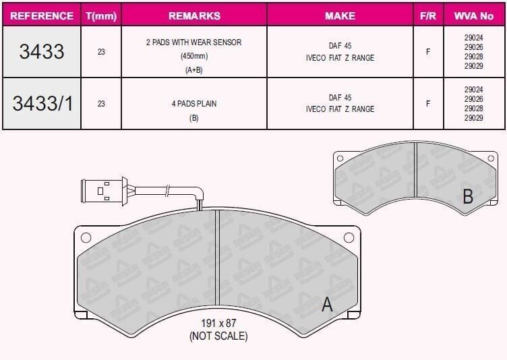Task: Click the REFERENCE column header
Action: tap(42, 16)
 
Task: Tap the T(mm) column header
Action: tap(101, 16)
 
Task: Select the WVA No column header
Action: tap(474, 16)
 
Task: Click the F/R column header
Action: tap(428, 16)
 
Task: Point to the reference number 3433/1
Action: tap(43, 104)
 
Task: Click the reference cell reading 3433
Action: tap(42, 51)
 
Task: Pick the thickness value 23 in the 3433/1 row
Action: tap(101, 104)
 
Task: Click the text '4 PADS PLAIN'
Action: tap(194, 104)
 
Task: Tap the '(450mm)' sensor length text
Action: tap(194, 56)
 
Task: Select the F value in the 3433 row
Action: tap(428, 52)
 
